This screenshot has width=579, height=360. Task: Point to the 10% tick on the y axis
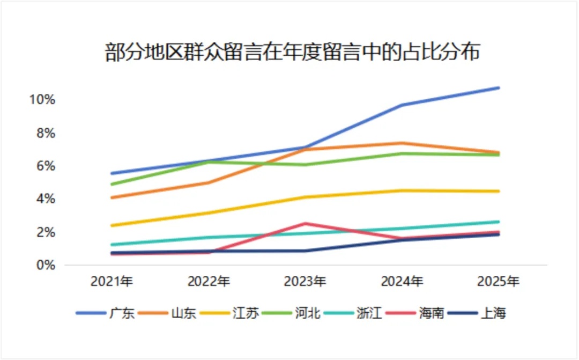42,100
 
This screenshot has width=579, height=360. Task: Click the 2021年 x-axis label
112,281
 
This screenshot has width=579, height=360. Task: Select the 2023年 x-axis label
305,281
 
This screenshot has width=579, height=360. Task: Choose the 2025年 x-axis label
498,281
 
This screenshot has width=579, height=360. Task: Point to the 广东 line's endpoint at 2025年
499,87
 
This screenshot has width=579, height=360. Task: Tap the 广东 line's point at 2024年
402,105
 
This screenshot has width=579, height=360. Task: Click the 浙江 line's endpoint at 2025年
499,222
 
